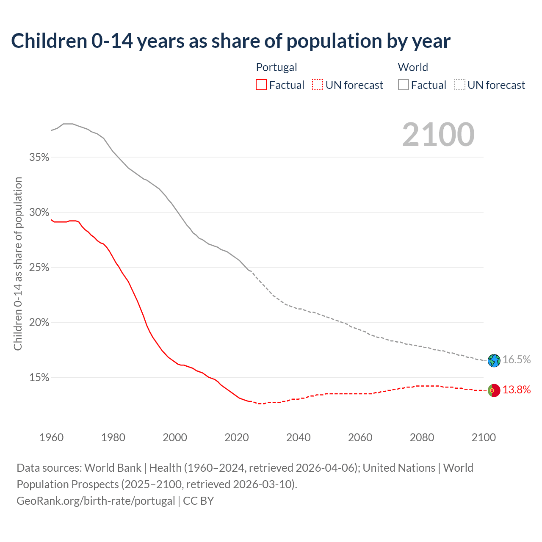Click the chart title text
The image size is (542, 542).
coord(231,41)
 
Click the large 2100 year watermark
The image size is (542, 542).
coord(438,135)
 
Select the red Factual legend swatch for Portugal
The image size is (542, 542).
coord(261,85)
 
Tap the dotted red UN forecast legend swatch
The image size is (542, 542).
coord(318,85)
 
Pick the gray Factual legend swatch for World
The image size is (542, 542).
coord(404,85)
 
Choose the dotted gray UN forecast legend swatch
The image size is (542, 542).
coord(460,85)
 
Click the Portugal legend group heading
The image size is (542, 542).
coord(277,67)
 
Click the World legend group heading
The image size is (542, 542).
coord(413,67)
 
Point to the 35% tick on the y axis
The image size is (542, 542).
coord(39,158)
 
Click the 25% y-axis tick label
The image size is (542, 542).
coord(39,268)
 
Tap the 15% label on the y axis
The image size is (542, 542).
coord(39,378)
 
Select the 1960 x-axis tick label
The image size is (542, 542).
coord(52,437)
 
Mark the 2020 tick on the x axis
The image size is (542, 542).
coord(237,437)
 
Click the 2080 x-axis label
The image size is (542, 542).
coord(422,437)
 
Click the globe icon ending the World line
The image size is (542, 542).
coord(494,360)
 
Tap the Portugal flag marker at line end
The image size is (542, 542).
coord(494,390)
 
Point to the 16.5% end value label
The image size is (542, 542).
coord(517,360)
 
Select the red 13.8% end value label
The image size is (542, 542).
coord(517,390)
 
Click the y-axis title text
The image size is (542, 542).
coord(18,264)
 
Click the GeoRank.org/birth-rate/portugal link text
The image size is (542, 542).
coord(96,501)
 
